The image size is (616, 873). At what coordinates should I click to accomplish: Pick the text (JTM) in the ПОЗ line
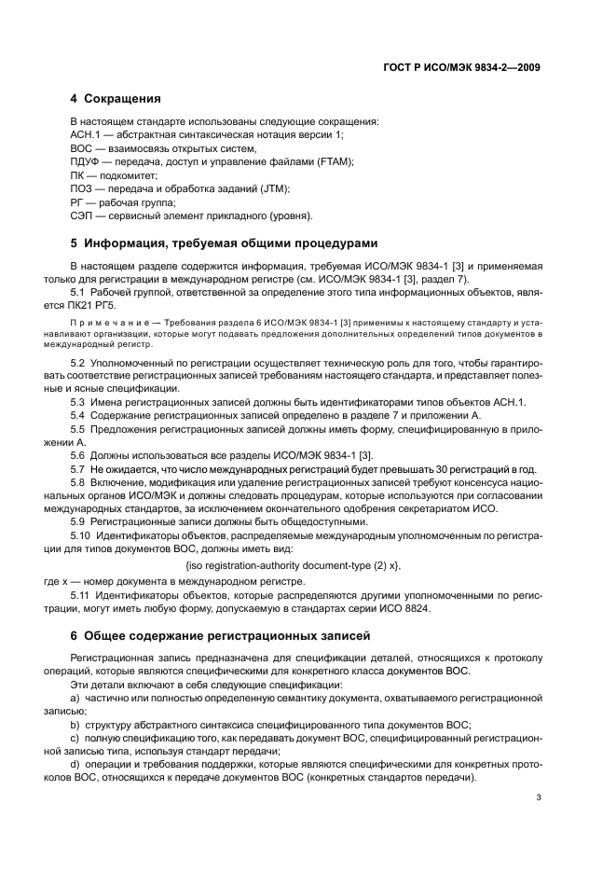pyautogui.click(x=273, y=188)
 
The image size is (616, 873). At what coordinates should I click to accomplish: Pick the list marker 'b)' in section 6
pyautogui.click(x=75, y=725)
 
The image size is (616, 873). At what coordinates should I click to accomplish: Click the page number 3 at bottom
pyautogui.click(x=540, y=797)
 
